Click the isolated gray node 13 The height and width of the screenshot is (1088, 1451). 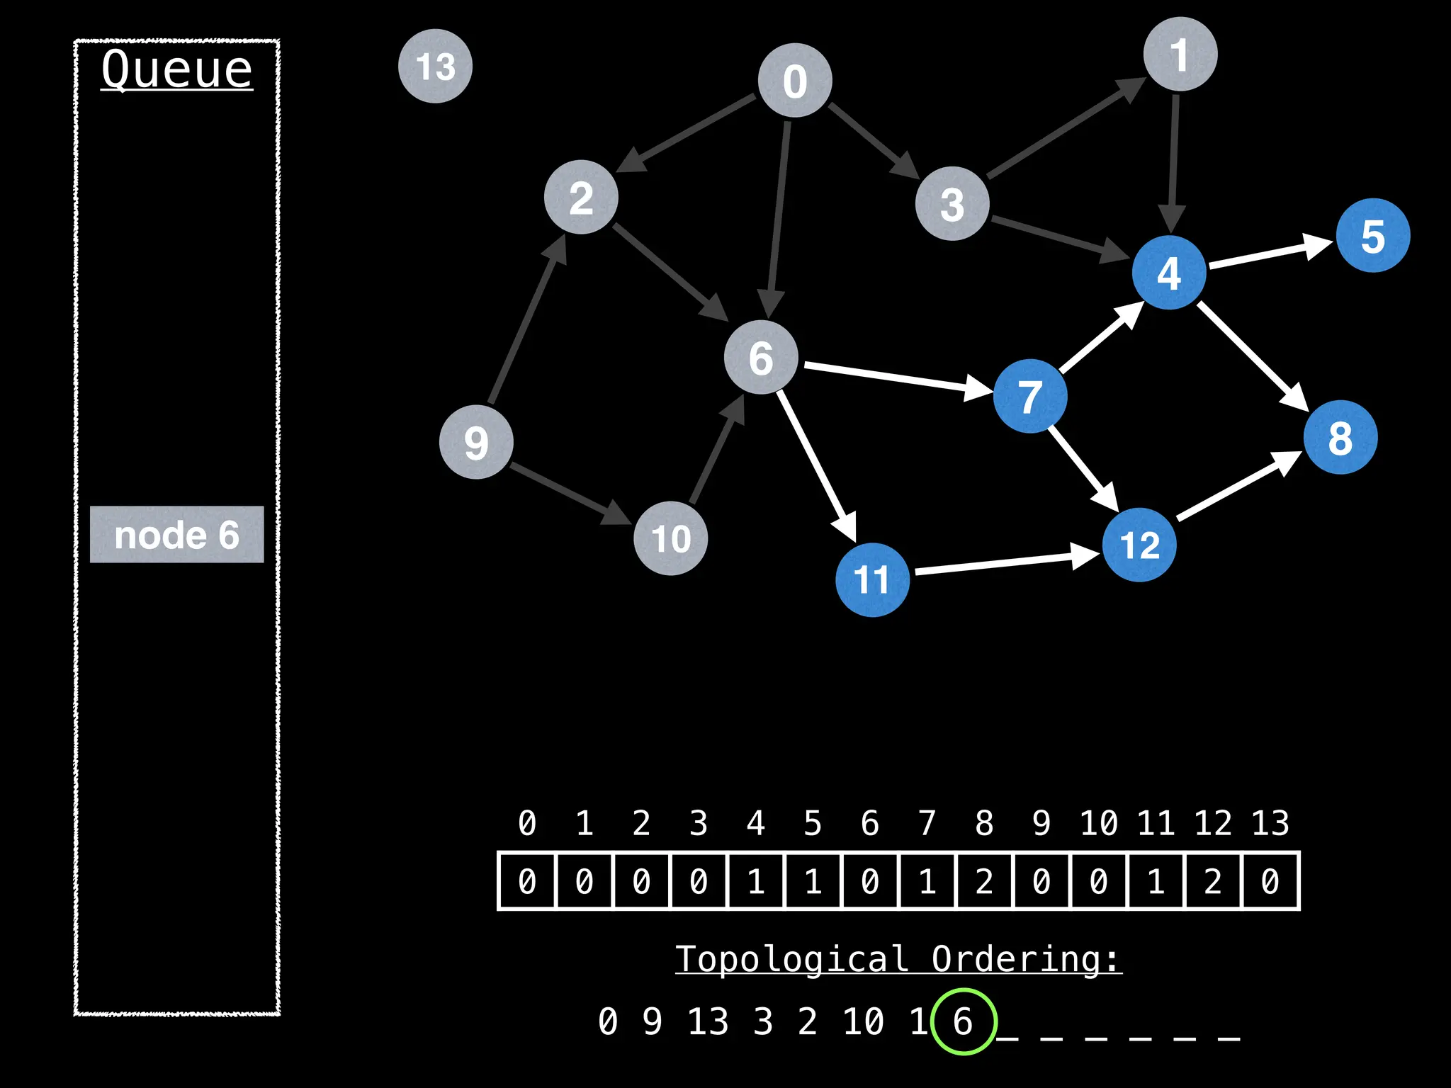pyautogui.click(x=435, y=66)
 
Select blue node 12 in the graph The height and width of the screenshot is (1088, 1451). pyautogui.click(x=1139, y=545)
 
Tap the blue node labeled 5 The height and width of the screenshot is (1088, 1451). pyautogui.click(x=1372, y=235)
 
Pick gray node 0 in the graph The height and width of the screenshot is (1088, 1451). pyautogui.click(x=795, y=80)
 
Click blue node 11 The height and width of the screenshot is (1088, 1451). pyautogui.click(x=872, y=579)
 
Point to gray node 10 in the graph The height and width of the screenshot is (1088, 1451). pyautogui.click(x=670, y=538)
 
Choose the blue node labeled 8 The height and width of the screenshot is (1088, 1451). pyautogui.click(x=1340, y=437)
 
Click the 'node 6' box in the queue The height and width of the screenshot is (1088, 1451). pyautogui.click(x=176, y=535)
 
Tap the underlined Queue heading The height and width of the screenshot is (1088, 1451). pyautogui.click(x=176, y=69)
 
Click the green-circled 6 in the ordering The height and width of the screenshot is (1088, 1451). pyautogui.click(x=963, y=1021)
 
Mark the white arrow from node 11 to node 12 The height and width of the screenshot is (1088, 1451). pyautogui.click(x=1006, y=562)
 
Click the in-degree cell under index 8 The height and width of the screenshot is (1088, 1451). pyautogui.click(x=984, y=881)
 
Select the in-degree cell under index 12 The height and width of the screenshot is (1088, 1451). pyautogui.click(x=1213, y=881)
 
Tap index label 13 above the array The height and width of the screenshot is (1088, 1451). pyautogui.click(x=1270, y=823)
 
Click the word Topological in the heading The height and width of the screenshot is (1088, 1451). pyautogui.click(x=791, y=959)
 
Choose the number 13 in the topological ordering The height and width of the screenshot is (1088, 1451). pyautogui.click(x=708, y=1021)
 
